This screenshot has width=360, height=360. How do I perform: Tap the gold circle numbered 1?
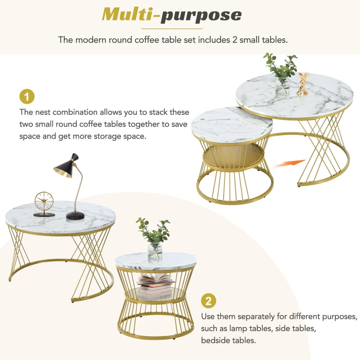[x=27, y=97]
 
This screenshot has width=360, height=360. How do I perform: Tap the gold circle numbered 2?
[x=207, y=300]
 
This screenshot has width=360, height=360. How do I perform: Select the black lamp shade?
[x=67, y=165]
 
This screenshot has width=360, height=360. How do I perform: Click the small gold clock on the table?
[x=44, y=201]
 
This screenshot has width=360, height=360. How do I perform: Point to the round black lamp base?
[x=75, y=216]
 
